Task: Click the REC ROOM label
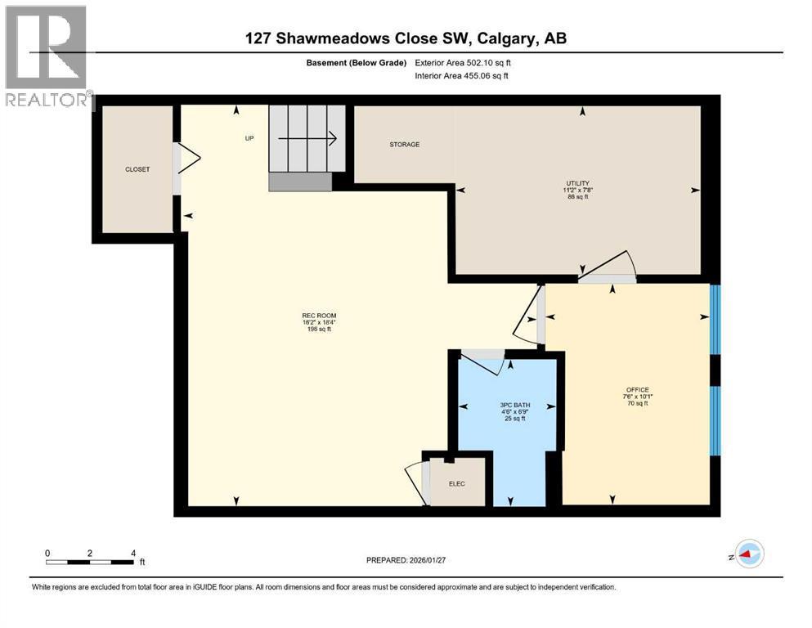click(319, 316)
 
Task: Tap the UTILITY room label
click(580, 183)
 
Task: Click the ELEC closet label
click(456, 484)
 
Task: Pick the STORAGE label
click(404, 145)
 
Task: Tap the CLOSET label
click(137, 169)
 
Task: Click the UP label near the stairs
click(250, 138)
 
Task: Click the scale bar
click(90, 562)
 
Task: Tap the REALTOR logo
click(47, 57)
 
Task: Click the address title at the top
click(406, 38)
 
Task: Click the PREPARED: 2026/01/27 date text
click(406, 560)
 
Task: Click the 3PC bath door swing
click(482, 361)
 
